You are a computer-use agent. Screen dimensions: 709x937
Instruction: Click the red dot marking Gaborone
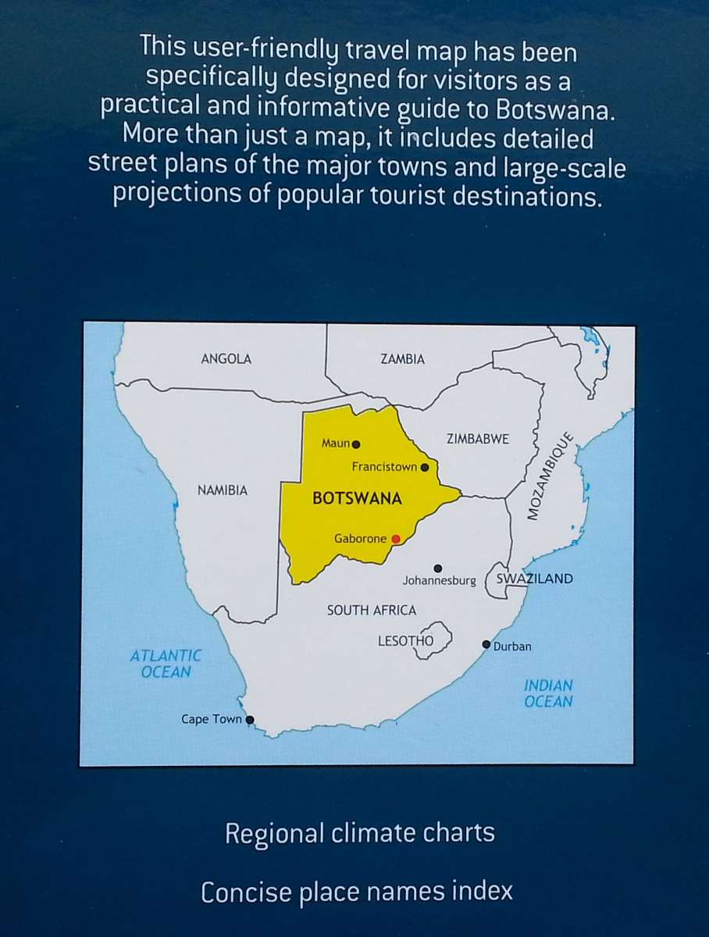click(396, 539)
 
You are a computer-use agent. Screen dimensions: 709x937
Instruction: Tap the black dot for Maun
click(356, 444)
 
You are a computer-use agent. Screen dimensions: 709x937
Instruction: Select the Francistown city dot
click(425, 468)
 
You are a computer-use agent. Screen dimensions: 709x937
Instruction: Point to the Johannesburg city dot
click(437, 568)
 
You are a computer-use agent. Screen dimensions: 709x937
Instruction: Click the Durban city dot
click(486, 644)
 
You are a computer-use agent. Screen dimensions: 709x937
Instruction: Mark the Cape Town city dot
click(250, 720)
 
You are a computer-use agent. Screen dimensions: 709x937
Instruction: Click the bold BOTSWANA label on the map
click(357, 499)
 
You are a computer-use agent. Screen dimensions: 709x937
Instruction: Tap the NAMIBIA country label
click(222, 490)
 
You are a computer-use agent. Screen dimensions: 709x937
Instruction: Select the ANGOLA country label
click(226, 359)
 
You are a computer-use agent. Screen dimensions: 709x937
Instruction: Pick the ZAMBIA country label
click(403, 359)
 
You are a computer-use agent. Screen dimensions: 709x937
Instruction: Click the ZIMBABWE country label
click(477, 439)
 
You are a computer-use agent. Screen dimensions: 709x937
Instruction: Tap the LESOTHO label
click(405, 641)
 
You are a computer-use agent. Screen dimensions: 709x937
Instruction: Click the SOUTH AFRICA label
click(372, 610)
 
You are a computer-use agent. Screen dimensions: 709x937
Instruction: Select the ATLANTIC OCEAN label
click(166, 664)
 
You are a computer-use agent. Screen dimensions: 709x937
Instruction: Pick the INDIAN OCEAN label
click(548, 693)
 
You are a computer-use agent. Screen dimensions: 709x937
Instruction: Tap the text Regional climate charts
click(359, 833)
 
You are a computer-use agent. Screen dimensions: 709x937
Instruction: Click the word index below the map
click(481, 892)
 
